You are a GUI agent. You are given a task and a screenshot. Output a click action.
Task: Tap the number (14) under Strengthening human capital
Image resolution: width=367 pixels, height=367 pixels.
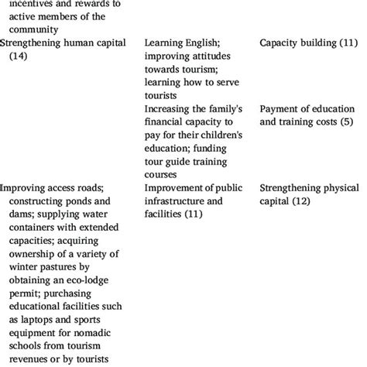click(x=16, y=57)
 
